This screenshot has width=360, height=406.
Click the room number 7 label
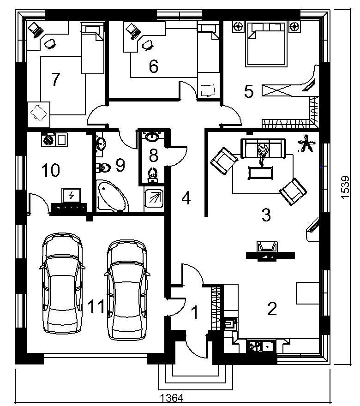coord(55,79)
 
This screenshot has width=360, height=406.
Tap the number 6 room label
coord(154,66)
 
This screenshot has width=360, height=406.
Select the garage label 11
coord(96,306)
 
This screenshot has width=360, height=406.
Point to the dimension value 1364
coord(172,398)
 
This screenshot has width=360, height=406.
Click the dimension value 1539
coord(345,187)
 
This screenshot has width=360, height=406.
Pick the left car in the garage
coord(62,283)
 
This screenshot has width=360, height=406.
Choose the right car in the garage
coord(127,290)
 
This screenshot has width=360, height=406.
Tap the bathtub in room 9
coord(113,196)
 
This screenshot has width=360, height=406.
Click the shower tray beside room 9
coord(154,198)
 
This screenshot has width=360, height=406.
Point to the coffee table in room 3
coord(261,173)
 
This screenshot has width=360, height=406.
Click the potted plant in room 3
coord(306,143)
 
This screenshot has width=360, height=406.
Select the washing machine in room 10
coord(48,140)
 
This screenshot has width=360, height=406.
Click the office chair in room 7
coord(50,44)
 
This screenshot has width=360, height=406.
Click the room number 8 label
coord(153,155)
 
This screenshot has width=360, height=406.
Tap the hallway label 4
coord(186,198)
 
